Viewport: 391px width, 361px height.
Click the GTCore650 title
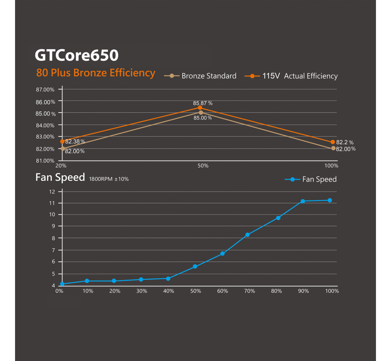(x=77, y=55)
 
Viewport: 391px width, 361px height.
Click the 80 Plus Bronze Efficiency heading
(x=96, y=73)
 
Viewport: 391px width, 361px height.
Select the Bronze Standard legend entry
(x=200, y=76)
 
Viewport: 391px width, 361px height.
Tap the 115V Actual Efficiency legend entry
(x=291, y=76)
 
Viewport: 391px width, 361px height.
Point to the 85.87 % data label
(x=202, y=103)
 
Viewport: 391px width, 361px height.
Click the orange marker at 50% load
(x=200, y=108)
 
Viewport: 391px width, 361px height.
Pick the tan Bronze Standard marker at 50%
(x=201, y=113)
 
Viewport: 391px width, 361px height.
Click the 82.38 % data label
(x=75, y=141)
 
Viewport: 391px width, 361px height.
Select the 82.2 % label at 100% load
(x=345, y=142)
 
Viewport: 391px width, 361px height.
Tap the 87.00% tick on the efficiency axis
(x=45, y=90)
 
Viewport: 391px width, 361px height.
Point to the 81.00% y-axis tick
(x=45, y=161)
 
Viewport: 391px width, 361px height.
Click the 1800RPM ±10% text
(x=109, y=179)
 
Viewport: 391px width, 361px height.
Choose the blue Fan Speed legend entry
(x=311, y=179)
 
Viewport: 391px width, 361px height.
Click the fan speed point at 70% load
(x=248, y=235)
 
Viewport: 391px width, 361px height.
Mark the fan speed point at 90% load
(x=303, y=201)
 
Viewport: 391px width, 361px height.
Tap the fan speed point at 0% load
(x=62, y=284)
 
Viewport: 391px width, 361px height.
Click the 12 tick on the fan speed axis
(x=52, y=192)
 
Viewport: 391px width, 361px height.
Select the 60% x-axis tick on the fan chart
(x=223, y=291)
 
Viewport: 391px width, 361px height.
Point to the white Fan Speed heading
(x=60, y=177)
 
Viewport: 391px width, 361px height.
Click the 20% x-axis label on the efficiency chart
(x=61, y=166)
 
